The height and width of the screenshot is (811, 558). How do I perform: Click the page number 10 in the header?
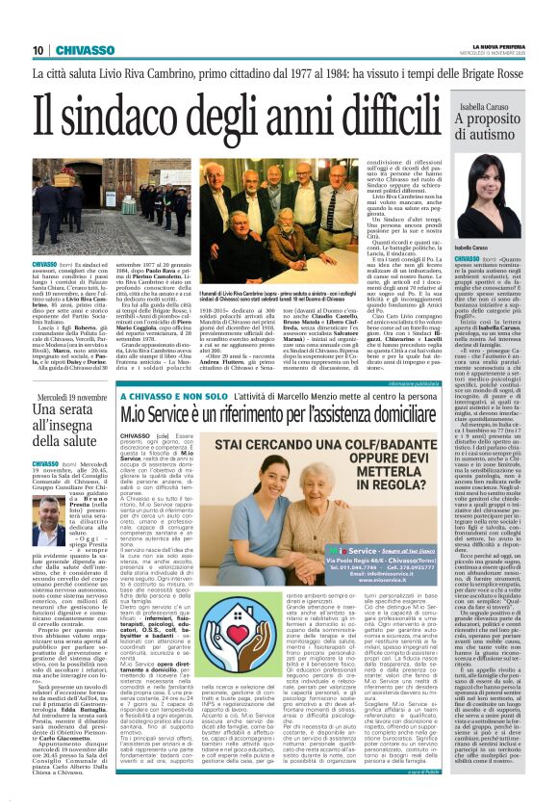[38, 51]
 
